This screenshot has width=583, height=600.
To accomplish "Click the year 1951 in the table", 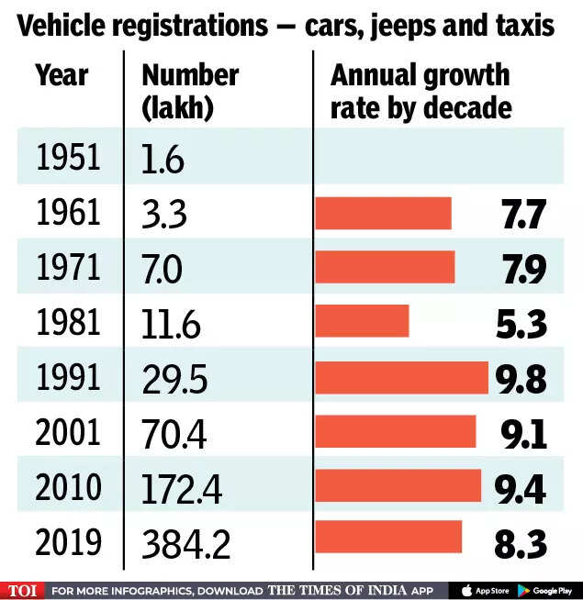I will coord(67,158).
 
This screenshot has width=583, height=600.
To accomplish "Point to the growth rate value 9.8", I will coord(521,378).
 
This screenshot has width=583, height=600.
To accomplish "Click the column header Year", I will coord(61,75).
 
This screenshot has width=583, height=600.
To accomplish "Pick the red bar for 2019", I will coord(388,538).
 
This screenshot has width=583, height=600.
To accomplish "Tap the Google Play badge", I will coord(547,590).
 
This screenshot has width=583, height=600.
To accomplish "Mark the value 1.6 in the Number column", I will coord(163,160).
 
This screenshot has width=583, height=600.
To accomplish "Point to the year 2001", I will coord(67,432).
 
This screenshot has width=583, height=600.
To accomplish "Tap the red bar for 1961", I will coord(383,213).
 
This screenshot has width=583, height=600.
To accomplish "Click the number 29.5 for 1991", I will coord(170,378).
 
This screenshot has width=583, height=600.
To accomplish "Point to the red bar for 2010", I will coord(398,485).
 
